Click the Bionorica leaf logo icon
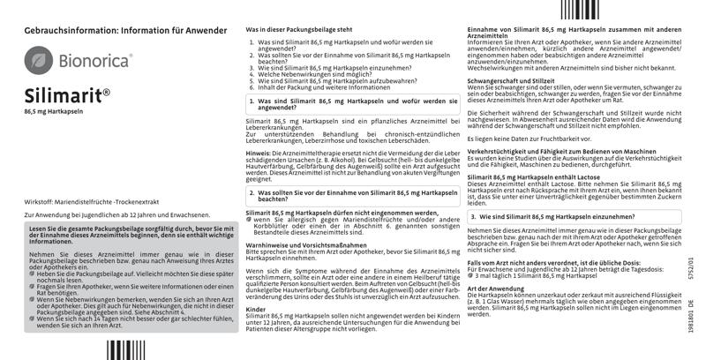37,60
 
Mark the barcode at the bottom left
126,351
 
